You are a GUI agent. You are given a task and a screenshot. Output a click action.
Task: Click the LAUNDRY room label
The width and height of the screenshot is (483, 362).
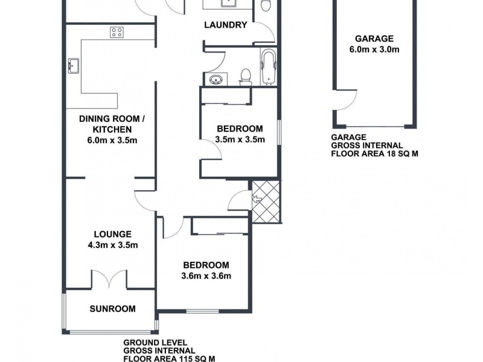click(x=225, y=25)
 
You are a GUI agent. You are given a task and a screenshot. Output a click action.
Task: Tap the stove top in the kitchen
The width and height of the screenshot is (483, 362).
click(x=117, y=33)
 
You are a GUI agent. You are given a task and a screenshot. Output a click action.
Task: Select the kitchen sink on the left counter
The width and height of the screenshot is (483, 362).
click(x=74, y=65)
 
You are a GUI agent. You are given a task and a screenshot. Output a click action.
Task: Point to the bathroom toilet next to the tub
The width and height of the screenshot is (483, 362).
click(x=245, y=77)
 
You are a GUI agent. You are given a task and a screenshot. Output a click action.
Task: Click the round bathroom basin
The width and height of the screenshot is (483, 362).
click(x=216, y=80)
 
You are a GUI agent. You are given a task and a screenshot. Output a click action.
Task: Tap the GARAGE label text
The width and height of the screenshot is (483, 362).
click(x=374, y=38)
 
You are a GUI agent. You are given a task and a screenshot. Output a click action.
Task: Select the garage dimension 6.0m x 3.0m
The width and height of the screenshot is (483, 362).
click(x=374, y=49)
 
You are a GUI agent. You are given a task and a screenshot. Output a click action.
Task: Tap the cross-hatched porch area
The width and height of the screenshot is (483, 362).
click(x=266, y=202)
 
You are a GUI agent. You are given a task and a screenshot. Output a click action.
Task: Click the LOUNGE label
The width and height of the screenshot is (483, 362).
click(x=112, y=234)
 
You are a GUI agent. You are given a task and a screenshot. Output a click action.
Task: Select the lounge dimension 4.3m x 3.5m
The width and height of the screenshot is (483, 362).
click(x=112, y=245)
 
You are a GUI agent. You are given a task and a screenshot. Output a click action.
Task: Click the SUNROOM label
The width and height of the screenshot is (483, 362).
click(x=112, y=308)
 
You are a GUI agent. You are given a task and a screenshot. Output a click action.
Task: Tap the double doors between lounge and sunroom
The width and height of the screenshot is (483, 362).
click(x=112, y=278)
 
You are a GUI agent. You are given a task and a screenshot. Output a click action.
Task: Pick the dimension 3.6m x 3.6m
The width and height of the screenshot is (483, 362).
click(x=206, y=276)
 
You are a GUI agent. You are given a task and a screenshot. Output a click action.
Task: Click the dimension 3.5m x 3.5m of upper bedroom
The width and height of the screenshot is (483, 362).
click(x=240, y=139)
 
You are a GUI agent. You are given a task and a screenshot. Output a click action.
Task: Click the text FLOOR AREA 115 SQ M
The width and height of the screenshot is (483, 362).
click(x=169, y=358)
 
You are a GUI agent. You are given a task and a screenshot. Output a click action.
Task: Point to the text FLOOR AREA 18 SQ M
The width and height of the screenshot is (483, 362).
click(x=375, y=154)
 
